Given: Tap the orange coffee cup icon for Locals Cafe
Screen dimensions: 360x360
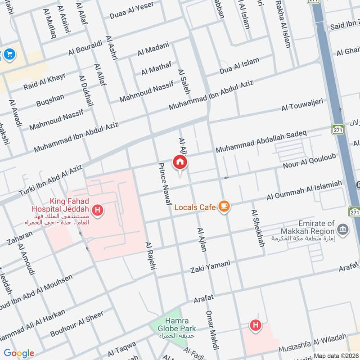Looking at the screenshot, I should point(224,207).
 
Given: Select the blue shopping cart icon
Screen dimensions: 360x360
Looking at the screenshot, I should point(9,55).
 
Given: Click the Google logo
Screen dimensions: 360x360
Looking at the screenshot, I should point(19,353).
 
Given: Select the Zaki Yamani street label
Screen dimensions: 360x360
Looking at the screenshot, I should point(210,266).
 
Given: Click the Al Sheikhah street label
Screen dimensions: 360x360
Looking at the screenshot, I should point(257,228).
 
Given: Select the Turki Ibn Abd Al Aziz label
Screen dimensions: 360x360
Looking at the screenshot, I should point(50,180).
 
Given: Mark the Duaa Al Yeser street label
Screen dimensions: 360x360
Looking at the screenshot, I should point(131,10).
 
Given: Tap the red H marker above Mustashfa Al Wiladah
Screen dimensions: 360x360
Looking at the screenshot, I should point(256,325).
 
